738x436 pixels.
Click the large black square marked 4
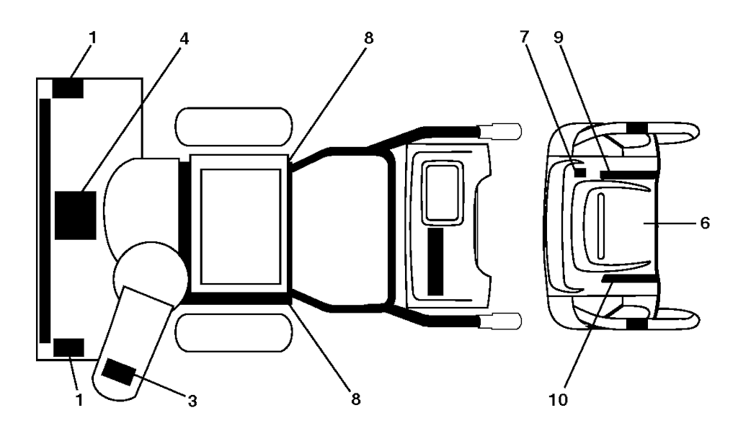(75, 214)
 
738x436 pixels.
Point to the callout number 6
(704, 223)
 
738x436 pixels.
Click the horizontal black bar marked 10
(628, 278)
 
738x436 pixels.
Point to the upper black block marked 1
(68, 89)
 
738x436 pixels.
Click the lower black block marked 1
(68, 347)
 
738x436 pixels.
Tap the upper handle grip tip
(507, 130)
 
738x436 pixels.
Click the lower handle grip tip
(507, 320)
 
